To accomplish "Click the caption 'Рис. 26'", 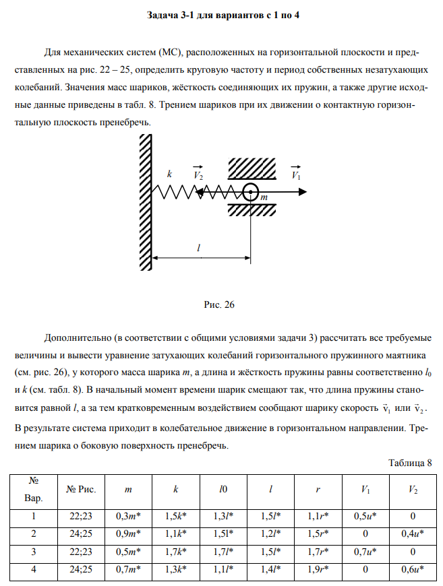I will pyautogui.click(x=219, y=304).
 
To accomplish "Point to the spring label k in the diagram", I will pyautogui.click(x=170, y=174).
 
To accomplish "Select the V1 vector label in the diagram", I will pyautogui.click(x=296, y=174).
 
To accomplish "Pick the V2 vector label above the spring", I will pyautogui.click(x=198, y=174).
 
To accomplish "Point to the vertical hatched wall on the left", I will pyautogui.click(x=144, y=201).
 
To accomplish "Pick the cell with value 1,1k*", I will pyautogui.click(x=175, y=534).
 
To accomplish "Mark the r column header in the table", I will pyautogui.click(x=318, y=490).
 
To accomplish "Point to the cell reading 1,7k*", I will pyautogui.click(x=175, y=553).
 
